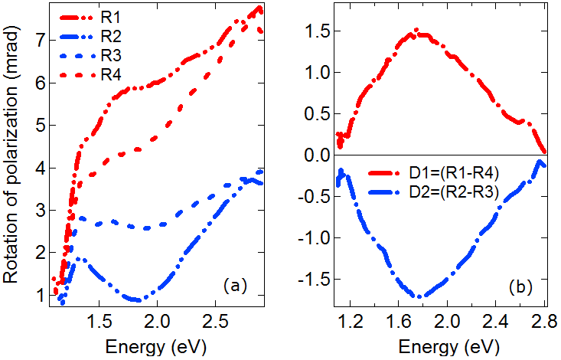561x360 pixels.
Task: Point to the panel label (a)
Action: click(234, 286)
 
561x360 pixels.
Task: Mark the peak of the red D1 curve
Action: click(416, 31)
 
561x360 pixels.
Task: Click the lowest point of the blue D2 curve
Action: click(419, 296)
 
